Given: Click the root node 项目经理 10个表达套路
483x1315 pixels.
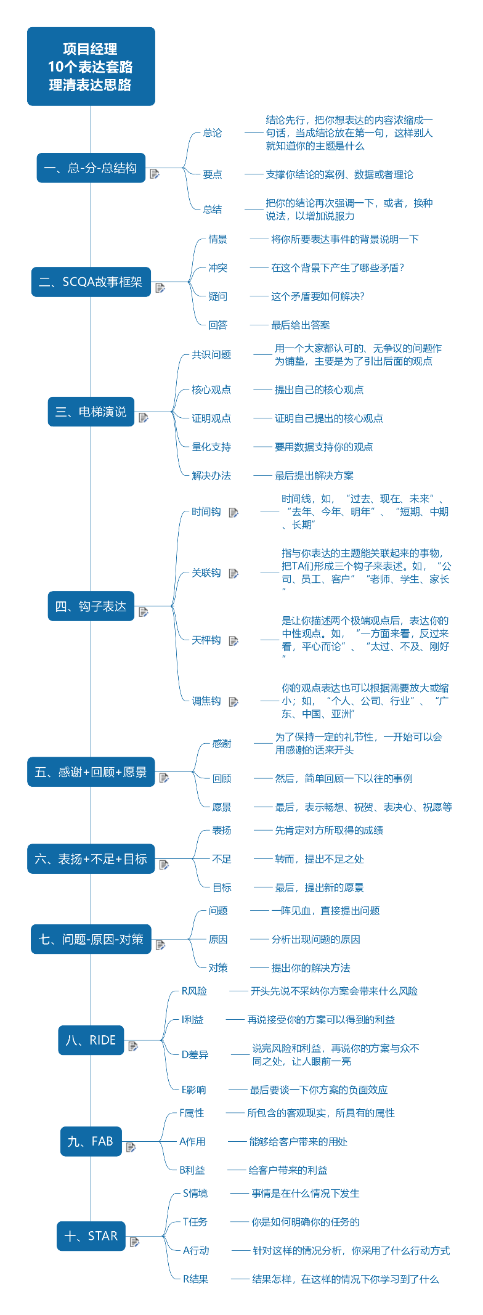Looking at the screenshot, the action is pyautogui.click(x=91, y=67).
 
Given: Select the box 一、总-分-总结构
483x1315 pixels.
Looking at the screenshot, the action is pyautogui.click(x=91, y=168).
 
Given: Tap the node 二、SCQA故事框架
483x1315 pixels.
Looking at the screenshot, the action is pyautogui.click(x=91, y=282).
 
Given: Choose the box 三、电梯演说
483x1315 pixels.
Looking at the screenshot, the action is pyautogui.click(x=91, y=412).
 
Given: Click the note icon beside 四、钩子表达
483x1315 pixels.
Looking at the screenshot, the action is pyautogui.click(x=144, y=612).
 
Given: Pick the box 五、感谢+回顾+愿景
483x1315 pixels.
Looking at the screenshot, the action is pyautogui.click(x=91, y=772).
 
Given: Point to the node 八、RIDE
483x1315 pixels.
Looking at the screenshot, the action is pyautogui.click(x=91, y=1040).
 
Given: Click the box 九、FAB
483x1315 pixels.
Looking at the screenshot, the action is pyautogui.click(x=91, y=1141).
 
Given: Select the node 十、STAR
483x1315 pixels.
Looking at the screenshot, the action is pyautogui.click(x=91, y=1236).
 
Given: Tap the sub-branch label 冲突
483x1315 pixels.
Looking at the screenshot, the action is pyautogui.click(x=218, y=268).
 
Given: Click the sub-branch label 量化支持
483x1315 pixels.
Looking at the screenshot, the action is pyautogui.click(x=211, y=447).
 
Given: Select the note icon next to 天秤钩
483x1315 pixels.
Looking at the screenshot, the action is pyautogui.click(x=233, y=641).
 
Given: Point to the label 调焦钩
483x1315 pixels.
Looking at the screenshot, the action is pyautogui.click(x=206, y=701).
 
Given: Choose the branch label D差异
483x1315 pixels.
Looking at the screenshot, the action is pyautogui.click(x=195, y=1054).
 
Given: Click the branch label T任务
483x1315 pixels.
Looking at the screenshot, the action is pyautogui.click(x=195, y=1222).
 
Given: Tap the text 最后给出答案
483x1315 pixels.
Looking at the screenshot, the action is pyautogui.click(x=301, y=325).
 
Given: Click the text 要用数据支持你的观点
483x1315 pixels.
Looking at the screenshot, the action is pyautogui.click(x=324, y=447).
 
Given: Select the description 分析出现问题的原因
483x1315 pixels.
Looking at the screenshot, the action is pyautogui.click(x=316, y=940).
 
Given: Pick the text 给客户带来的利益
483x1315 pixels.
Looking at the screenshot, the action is pyautogui.click(x=288, y=1170).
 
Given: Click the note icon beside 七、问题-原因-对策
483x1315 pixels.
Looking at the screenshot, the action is pyautogui.click(x=161, y=945).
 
